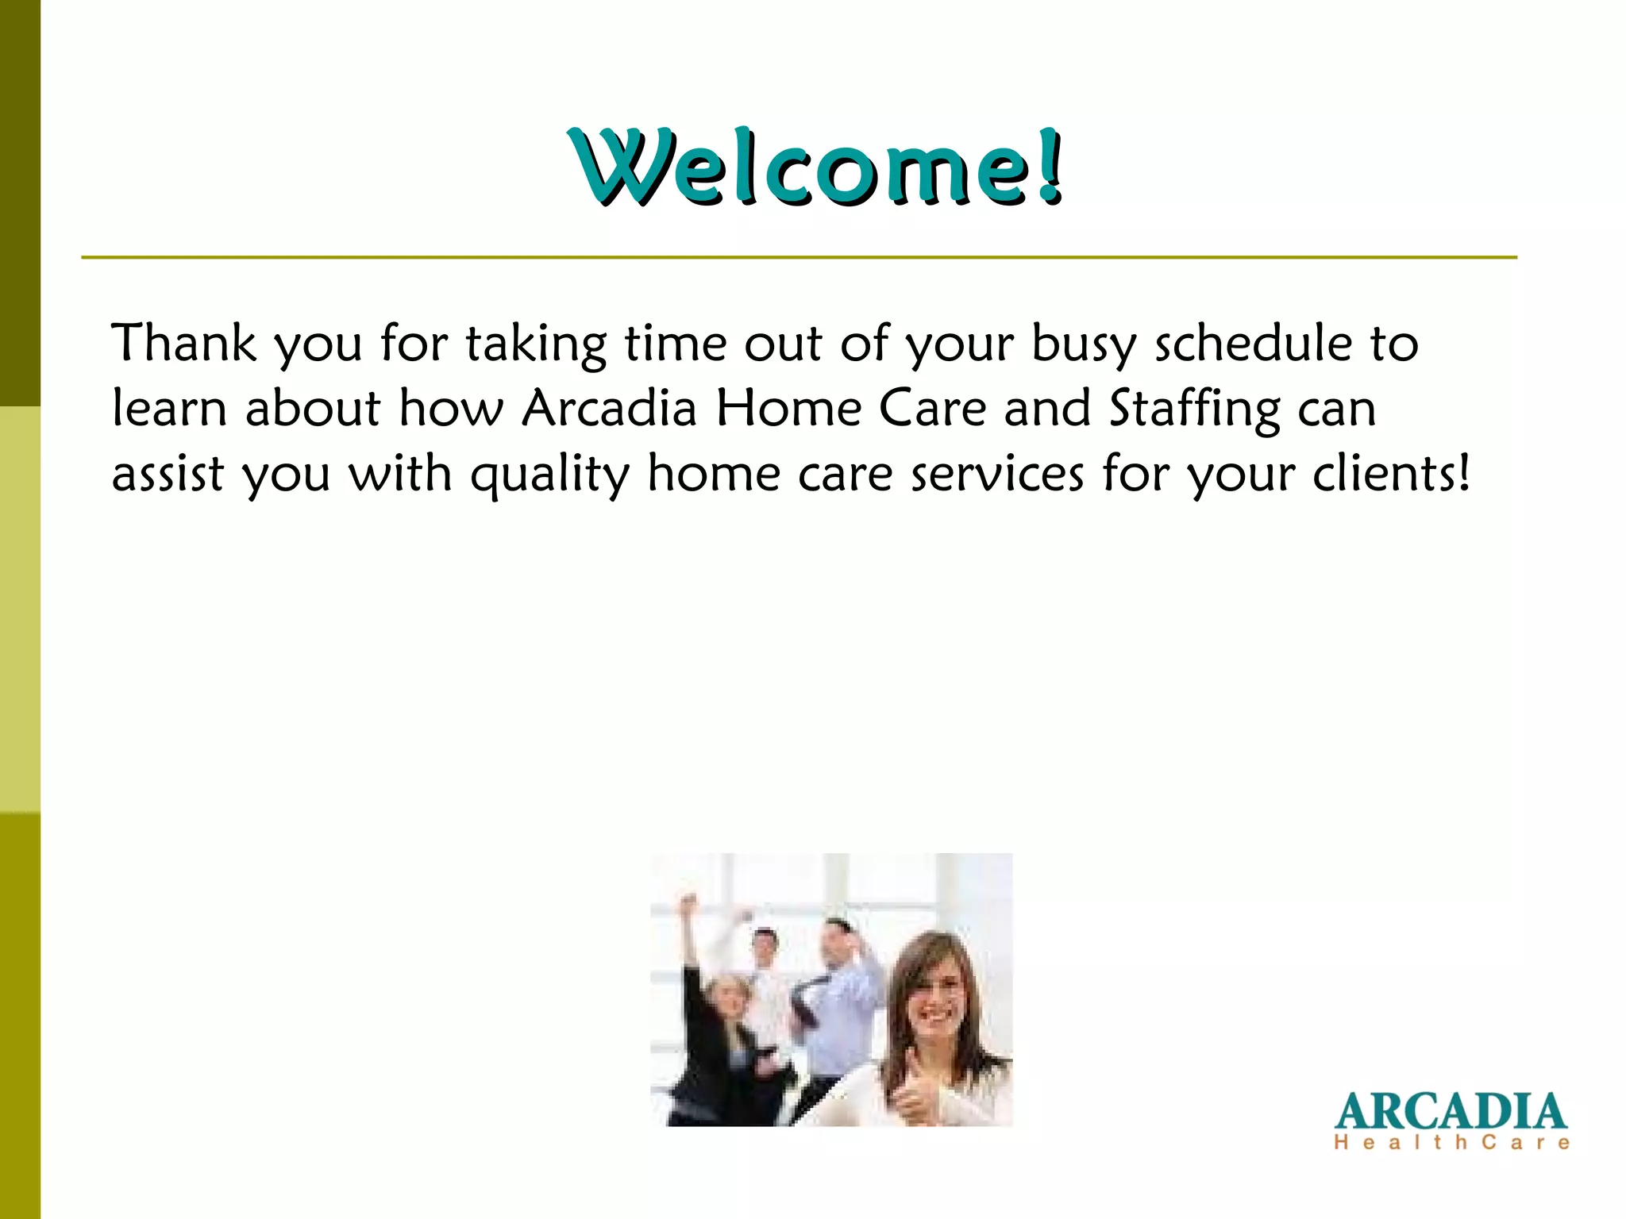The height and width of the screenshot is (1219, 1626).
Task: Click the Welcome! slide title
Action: pyautogui.click(x=816, y=168)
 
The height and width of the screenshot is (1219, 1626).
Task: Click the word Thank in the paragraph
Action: pyautogui.click(x=183, y=344)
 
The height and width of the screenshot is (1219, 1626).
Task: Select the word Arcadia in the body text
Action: pyautogui.click(x=609, y=409)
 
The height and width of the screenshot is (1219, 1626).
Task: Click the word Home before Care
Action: pyautogui.click(x=788, y=409)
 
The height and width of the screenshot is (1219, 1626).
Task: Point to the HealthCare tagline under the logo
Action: pyautogui.click(x=1451, y=1143)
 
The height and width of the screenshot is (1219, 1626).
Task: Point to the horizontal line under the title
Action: pyautogui.click(x=798, y=257)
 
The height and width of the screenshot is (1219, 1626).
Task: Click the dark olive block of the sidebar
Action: pyautogui.click(x=20, y=202)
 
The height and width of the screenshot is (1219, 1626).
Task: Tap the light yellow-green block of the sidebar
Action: pyautogui.click(x=20, y=609)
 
